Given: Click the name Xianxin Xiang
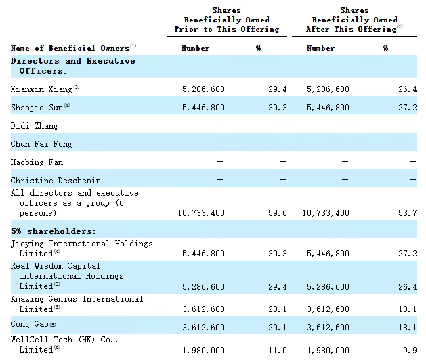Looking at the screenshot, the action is pyautogui.click(x=41, y=89).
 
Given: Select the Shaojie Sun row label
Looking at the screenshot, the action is pyautogui.click(x=37, y=107).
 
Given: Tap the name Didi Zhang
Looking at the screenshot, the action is pyautogui.click(x=35, y=126).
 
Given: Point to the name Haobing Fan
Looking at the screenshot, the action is pyautogui.click(x=37, y=162).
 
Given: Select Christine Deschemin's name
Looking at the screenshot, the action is pyautogui.click(x=56, y=181).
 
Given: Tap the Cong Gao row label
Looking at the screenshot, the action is pyautogui.click(x=30, y=324).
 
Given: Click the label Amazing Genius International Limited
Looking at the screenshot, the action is pyautogui.click(x=77, y=304).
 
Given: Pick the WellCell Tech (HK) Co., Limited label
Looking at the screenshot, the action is pyautogui.click(x=64, y=344).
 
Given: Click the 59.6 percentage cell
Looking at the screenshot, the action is pyautogui.click(x=278, y=213).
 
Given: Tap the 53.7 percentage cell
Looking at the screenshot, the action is pyautogui.click(x=408, y=213).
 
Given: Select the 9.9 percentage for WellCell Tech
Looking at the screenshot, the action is pyautogui.click(x=410, y=351).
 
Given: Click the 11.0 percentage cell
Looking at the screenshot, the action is pyautogui.click(x=278, y=351).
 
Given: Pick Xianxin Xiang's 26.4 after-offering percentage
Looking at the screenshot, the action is pyautogui.click(x=408, y=89).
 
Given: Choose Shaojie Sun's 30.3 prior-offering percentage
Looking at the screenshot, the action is pyautogui.click(x=278, y=107).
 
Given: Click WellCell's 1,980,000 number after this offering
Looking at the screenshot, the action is pyautogui.click(x=328, y=351).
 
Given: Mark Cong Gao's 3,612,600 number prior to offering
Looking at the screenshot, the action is pyautogui.click(x=203, y=327).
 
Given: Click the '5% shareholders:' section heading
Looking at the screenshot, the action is pyautogui.click(x=53, y=231).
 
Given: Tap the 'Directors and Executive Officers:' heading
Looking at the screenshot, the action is pyautogui.click(x=73, y=66).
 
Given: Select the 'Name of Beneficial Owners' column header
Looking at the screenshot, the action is pyautogui.click(x=70, y=48).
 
